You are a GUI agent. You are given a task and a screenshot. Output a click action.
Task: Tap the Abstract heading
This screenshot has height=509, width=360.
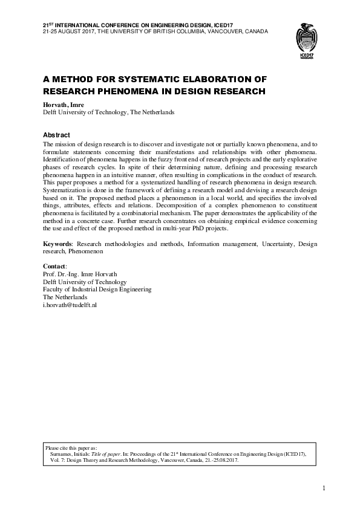click(56, 135)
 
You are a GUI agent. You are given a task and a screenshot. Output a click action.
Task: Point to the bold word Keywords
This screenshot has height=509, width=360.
click(57, 244)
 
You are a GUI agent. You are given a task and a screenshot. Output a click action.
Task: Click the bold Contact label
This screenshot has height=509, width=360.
click(55, 266)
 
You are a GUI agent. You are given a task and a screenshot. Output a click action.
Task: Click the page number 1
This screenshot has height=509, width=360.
click(324, 488)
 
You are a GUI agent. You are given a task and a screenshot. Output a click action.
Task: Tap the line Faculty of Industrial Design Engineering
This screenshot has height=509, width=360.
click(97, 290)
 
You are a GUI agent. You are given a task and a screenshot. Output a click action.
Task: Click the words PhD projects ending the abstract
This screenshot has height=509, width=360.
click(209, 229)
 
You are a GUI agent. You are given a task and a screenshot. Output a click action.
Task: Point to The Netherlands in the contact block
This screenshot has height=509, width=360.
click(65, 297)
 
